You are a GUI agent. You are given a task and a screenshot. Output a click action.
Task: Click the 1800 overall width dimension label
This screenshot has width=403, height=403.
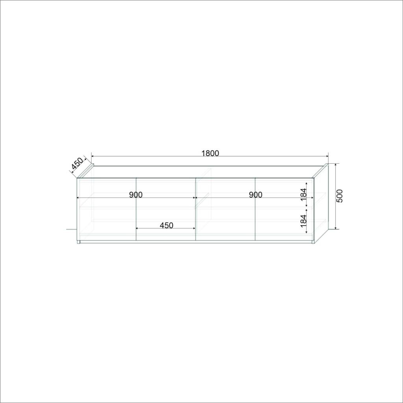(210, 153)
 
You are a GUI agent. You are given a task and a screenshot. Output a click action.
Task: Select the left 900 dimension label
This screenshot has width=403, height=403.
(136, 195)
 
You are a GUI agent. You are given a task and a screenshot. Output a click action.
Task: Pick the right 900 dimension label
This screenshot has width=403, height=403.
(255, 195)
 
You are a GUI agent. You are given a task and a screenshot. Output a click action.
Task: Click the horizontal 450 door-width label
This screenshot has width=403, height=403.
(166, 226)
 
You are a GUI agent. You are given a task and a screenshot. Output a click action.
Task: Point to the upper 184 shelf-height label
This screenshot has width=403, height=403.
(303, 194)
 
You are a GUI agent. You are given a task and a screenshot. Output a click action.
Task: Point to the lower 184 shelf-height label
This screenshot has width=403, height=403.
(303, 221)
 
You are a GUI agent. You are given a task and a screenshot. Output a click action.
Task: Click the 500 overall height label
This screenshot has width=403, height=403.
(340, 196)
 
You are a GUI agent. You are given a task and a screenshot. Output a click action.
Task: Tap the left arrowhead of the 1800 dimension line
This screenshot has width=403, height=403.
(93, 156)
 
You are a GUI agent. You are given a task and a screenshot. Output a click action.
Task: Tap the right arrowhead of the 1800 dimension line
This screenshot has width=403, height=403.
(327, 156)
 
